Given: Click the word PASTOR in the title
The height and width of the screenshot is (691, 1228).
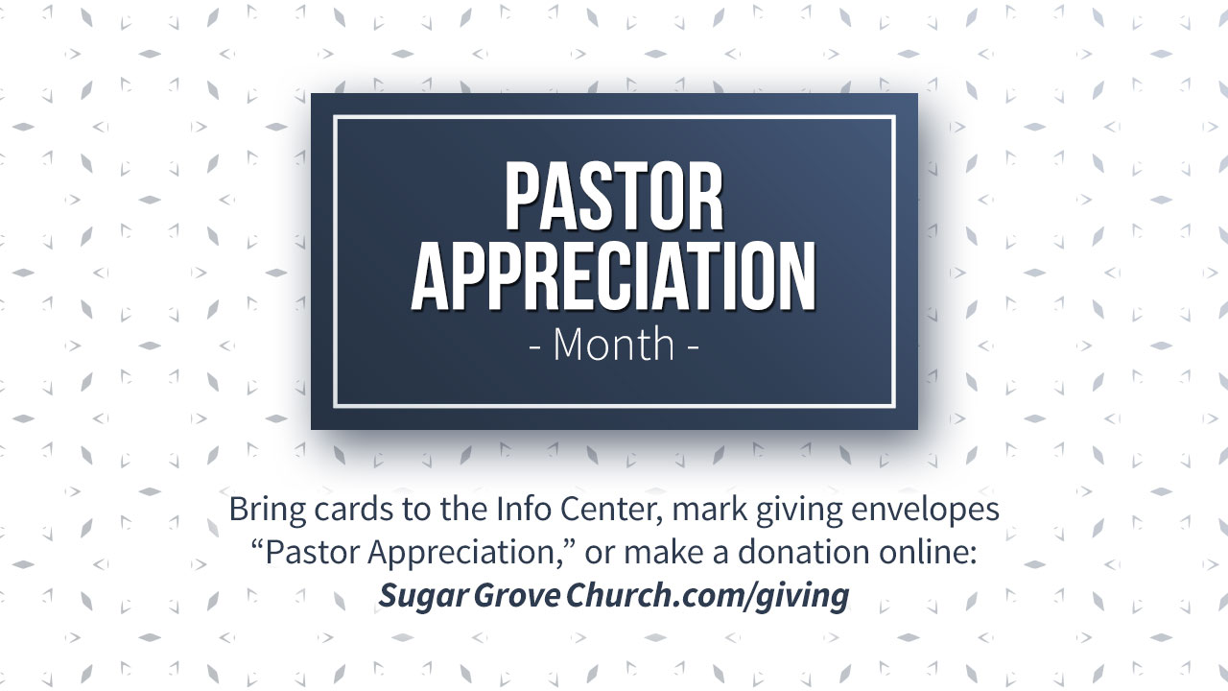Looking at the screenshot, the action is (614, 196).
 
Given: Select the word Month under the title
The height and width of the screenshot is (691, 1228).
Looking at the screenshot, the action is (614, 345).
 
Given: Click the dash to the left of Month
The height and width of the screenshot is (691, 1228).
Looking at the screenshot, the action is (535, 347).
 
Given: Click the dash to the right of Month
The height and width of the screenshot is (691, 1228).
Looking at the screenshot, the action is (693, 347).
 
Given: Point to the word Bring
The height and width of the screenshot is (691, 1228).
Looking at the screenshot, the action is (267, 510).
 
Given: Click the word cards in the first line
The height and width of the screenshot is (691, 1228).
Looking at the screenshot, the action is (354, 509).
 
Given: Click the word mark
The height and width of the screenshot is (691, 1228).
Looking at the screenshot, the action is (709, 509).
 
